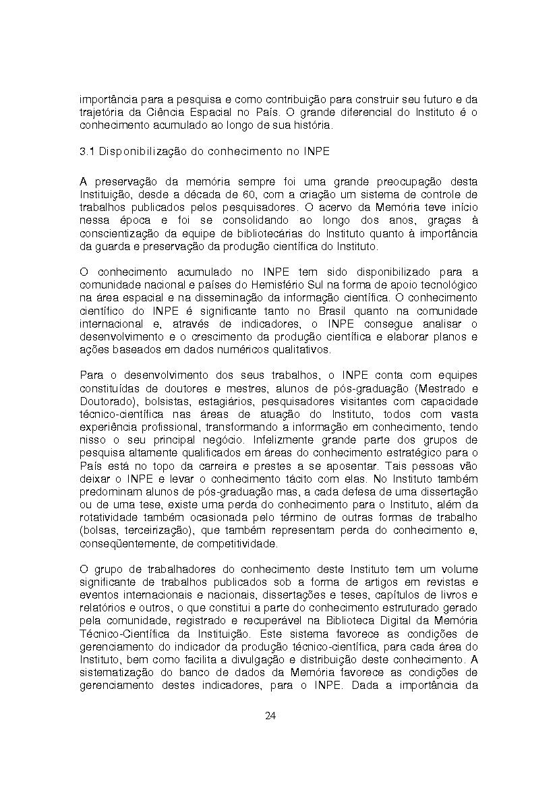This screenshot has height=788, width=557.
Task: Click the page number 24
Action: click(270, 715)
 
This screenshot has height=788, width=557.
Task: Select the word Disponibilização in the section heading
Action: click(138, 152)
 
